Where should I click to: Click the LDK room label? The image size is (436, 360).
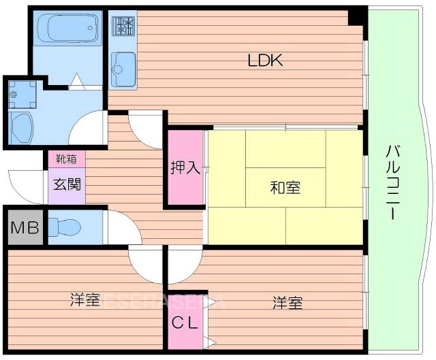pos(265,61)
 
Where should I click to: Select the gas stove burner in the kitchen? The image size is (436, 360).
pos(123,26)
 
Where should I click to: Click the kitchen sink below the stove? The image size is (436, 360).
pos(123,65)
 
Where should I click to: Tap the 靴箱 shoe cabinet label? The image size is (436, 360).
pos(66,159)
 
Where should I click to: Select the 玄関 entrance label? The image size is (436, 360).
pos(66,183)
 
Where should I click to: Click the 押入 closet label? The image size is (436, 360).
pos(186,167)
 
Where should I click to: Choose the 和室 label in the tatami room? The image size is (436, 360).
pos(285,186)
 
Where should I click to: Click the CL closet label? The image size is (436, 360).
pos(184,324)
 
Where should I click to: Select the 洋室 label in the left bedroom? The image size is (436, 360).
pos(86,300)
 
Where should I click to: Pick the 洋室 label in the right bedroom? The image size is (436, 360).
pos(287,302)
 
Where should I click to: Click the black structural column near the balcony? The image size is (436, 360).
pos(356,16)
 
